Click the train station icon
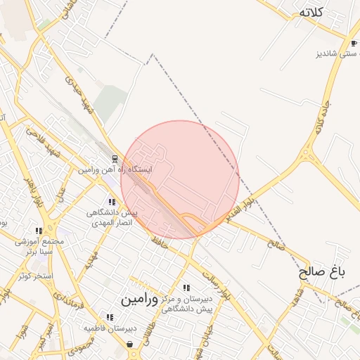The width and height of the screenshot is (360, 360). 115,157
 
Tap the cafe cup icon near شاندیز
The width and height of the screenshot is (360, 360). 352,43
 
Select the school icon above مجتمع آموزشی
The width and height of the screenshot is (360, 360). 39,231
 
